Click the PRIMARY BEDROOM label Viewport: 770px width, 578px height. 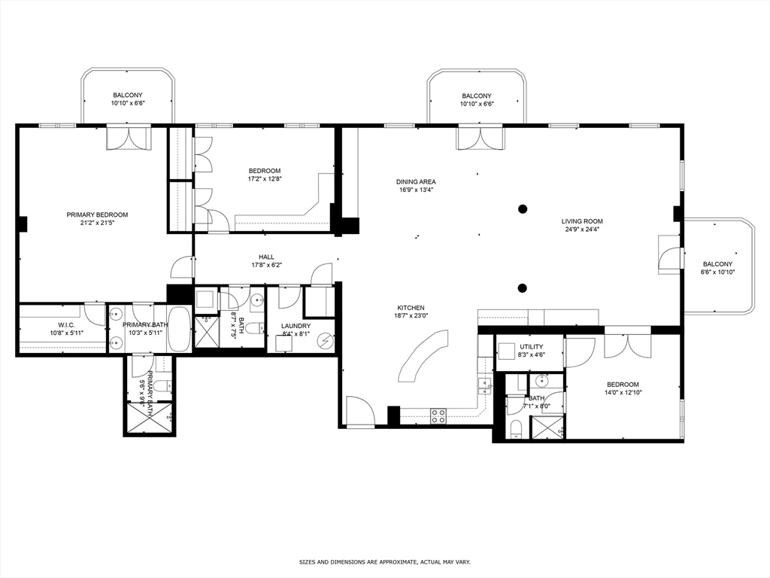(x=97, y=214)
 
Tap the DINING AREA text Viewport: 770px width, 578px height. (x=416, y=182)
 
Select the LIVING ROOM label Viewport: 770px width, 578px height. (x=583, y=221)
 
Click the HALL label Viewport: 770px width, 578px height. (x=267, y=257)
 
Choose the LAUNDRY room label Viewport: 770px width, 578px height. (x=296, y=326)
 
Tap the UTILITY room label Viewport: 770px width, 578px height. (x=532, y=346)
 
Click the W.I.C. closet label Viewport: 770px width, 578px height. (x=66, y=325)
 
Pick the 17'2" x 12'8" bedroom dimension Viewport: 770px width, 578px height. (x=265, y=179)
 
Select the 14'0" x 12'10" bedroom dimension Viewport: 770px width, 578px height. (x=623, y=392)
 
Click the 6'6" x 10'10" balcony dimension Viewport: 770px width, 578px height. (x=717, y=272)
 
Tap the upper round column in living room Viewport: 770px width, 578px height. (x=523, y=209)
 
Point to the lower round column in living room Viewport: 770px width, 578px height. (x=523, y=288)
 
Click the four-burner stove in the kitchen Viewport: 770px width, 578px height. (x=438, y=415)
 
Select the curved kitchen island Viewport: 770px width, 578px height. (x=424, y=355)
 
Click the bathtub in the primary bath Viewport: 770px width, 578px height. (x=179, y=329)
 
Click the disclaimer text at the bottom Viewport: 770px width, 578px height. (x=385, y=561)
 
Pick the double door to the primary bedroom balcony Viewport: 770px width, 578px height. (x=129, y=138)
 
